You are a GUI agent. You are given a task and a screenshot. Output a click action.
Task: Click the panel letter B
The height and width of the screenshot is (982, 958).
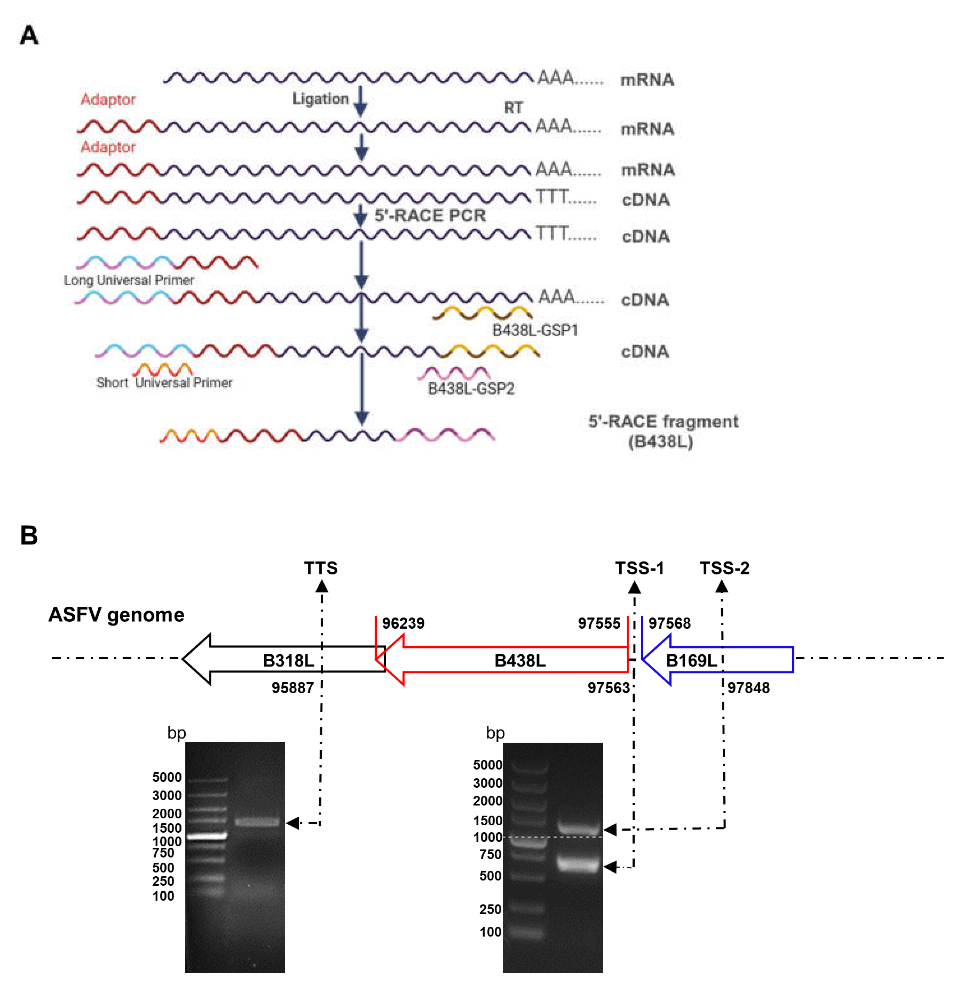coord(29,535)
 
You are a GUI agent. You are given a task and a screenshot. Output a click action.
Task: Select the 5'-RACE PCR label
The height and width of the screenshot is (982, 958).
coord(430,215)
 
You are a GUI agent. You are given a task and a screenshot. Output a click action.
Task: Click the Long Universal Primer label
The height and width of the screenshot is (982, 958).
coord(129,280)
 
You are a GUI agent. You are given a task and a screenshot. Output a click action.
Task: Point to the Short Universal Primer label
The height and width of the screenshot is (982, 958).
coord(164,383)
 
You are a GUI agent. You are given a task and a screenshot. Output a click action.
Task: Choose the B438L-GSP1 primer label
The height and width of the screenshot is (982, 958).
coord(535,331)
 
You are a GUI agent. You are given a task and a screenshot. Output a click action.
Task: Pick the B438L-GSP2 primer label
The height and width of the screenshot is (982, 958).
coord(471,388)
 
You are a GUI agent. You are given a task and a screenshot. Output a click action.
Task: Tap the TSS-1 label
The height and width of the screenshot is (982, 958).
coord(639,568)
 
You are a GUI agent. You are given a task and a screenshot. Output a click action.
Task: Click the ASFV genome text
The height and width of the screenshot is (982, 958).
coord(116,615)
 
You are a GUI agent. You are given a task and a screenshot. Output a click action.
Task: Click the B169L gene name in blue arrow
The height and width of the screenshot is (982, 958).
coord(691,661)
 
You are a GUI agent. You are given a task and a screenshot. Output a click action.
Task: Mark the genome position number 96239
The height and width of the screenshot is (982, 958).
coord(403,623)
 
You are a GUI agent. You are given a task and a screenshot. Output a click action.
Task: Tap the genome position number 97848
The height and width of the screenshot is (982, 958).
coord(748,688)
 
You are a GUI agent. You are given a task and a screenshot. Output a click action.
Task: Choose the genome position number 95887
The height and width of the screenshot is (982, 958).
coord(292,688)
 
